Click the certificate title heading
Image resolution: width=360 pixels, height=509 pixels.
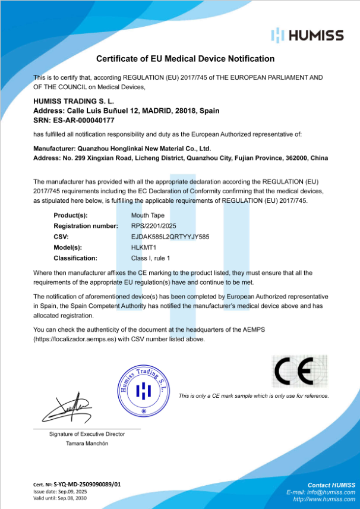[185, 59]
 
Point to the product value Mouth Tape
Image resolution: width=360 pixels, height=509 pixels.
[148, 215]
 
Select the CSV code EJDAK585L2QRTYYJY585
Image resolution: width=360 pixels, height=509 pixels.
[170, 237]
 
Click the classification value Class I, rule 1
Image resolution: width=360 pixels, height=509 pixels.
[151, 258]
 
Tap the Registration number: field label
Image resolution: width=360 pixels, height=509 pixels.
[86, 226]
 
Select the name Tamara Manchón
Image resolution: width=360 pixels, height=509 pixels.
[87, 444]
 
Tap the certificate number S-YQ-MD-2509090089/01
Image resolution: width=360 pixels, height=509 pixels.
[87, 485]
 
